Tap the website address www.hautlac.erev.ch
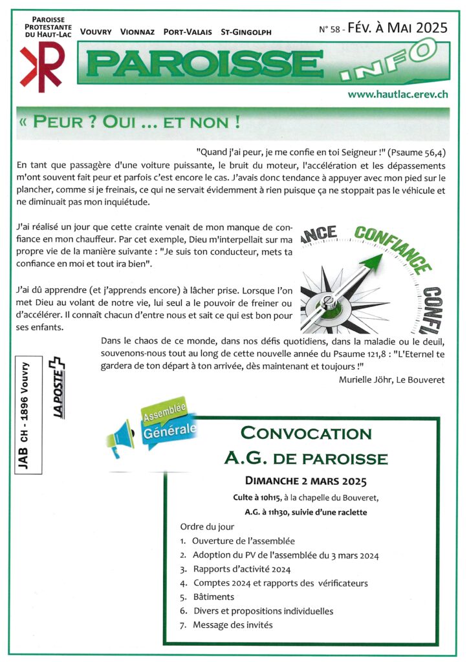tap(398, 94)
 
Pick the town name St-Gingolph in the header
tap(246, 32)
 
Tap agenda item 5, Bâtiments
tap(213, 597)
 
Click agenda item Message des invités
tap(232, 625)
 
